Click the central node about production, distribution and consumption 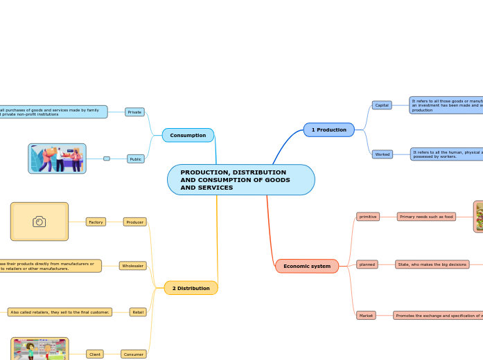point(240,180)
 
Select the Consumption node point(188,135)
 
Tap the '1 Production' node point(328,129)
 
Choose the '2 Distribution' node point(191,288)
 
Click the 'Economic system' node point(306,266)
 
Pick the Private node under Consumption point(134,111)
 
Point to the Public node point(136,159)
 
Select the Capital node point(382,105)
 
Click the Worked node point(382,154)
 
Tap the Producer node point(134,222)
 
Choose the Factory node point(96,222)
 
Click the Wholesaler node point(132,266)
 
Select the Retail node point(138,312)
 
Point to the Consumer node point(133,354)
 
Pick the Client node point(95,354)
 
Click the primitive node point(368,217)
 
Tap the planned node point(367,264)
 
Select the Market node point(366,315)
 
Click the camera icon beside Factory point(39,222)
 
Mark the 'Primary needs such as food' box point(426,217)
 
